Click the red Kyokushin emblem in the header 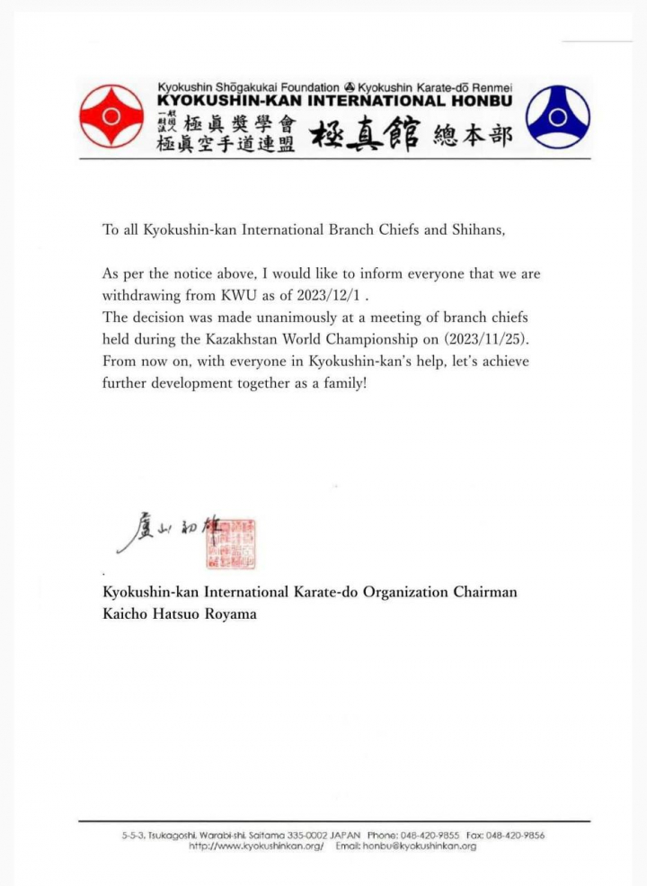click(111, 116)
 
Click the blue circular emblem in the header click(557, 116)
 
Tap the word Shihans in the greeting click(476, 229)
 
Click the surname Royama click(231, 614)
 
